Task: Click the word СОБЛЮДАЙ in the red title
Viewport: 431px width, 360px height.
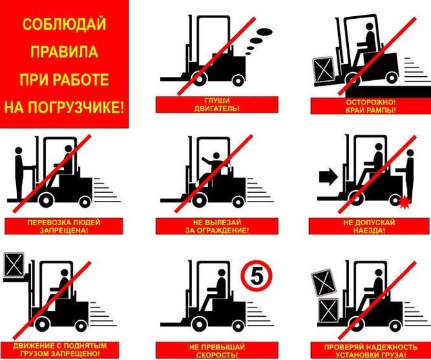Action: pos(64,24)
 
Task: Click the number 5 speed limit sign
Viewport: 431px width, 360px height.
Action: pos(257,276)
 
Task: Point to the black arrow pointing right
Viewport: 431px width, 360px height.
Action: pos(329,177)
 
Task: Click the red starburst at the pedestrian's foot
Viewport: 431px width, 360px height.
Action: pos(404,203)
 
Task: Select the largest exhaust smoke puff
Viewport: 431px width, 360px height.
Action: pos(265,32)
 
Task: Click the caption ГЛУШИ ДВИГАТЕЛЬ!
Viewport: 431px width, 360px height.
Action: pos(217,104)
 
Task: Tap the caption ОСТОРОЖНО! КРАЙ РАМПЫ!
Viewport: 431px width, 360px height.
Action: pos(371,106)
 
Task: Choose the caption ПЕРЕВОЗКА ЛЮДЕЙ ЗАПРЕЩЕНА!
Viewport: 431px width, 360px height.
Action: pos(64,227)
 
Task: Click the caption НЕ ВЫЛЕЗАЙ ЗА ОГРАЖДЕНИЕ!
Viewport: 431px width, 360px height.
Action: pos(217,227)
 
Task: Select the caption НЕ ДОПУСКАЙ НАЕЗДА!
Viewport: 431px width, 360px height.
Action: pos(369,227)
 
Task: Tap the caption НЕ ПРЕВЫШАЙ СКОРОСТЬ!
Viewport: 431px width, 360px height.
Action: pos(217,351)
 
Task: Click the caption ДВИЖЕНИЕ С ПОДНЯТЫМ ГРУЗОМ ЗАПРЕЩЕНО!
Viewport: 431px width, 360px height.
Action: pos(60,349)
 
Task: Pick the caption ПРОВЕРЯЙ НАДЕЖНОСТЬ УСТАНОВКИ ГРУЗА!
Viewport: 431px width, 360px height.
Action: pos(371,351)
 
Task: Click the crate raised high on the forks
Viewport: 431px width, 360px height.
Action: pos(14,265)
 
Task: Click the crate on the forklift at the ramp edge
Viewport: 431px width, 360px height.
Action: pos(324,69)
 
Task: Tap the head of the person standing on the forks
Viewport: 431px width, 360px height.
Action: pos(19,150)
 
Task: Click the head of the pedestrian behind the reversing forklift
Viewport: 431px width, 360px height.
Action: pos(410,153)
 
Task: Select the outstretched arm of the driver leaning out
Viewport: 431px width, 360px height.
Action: pos(207,160)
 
